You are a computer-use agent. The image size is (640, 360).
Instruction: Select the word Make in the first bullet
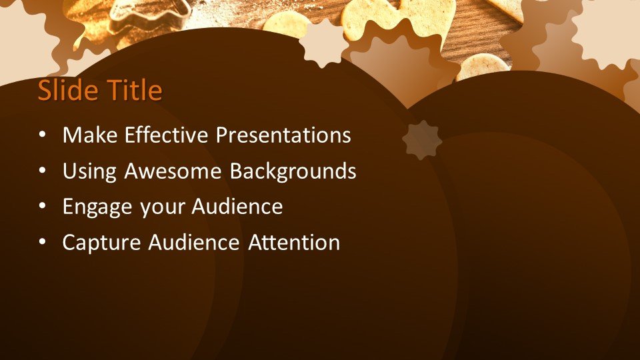tap(88, 135)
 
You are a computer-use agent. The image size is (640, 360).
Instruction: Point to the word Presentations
tap(283, 135)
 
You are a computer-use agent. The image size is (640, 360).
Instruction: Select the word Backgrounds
tap(293, 171)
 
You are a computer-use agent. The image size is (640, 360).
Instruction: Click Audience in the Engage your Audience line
tap(237, 207)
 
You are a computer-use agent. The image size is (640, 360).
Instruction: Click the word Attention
tap(294, 243)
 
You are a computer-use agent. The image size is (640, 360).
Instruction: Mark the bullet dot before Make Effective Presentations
tap(43, 135)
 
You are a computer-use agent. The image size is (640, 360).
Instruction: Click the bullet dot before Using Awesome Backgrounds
tap(43, 171)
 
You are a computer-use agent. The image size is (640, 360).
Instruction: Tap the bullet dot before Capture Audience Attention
tap(43, 243)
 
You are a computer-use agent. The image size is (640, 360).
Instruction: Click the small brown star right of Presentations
tap(422, 140)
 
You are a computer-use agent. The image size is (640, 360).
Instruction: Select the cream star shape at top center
tap(323, 43)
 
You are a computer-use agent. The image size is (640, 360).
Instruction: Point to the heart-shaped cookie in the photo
tap(427, 17)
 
